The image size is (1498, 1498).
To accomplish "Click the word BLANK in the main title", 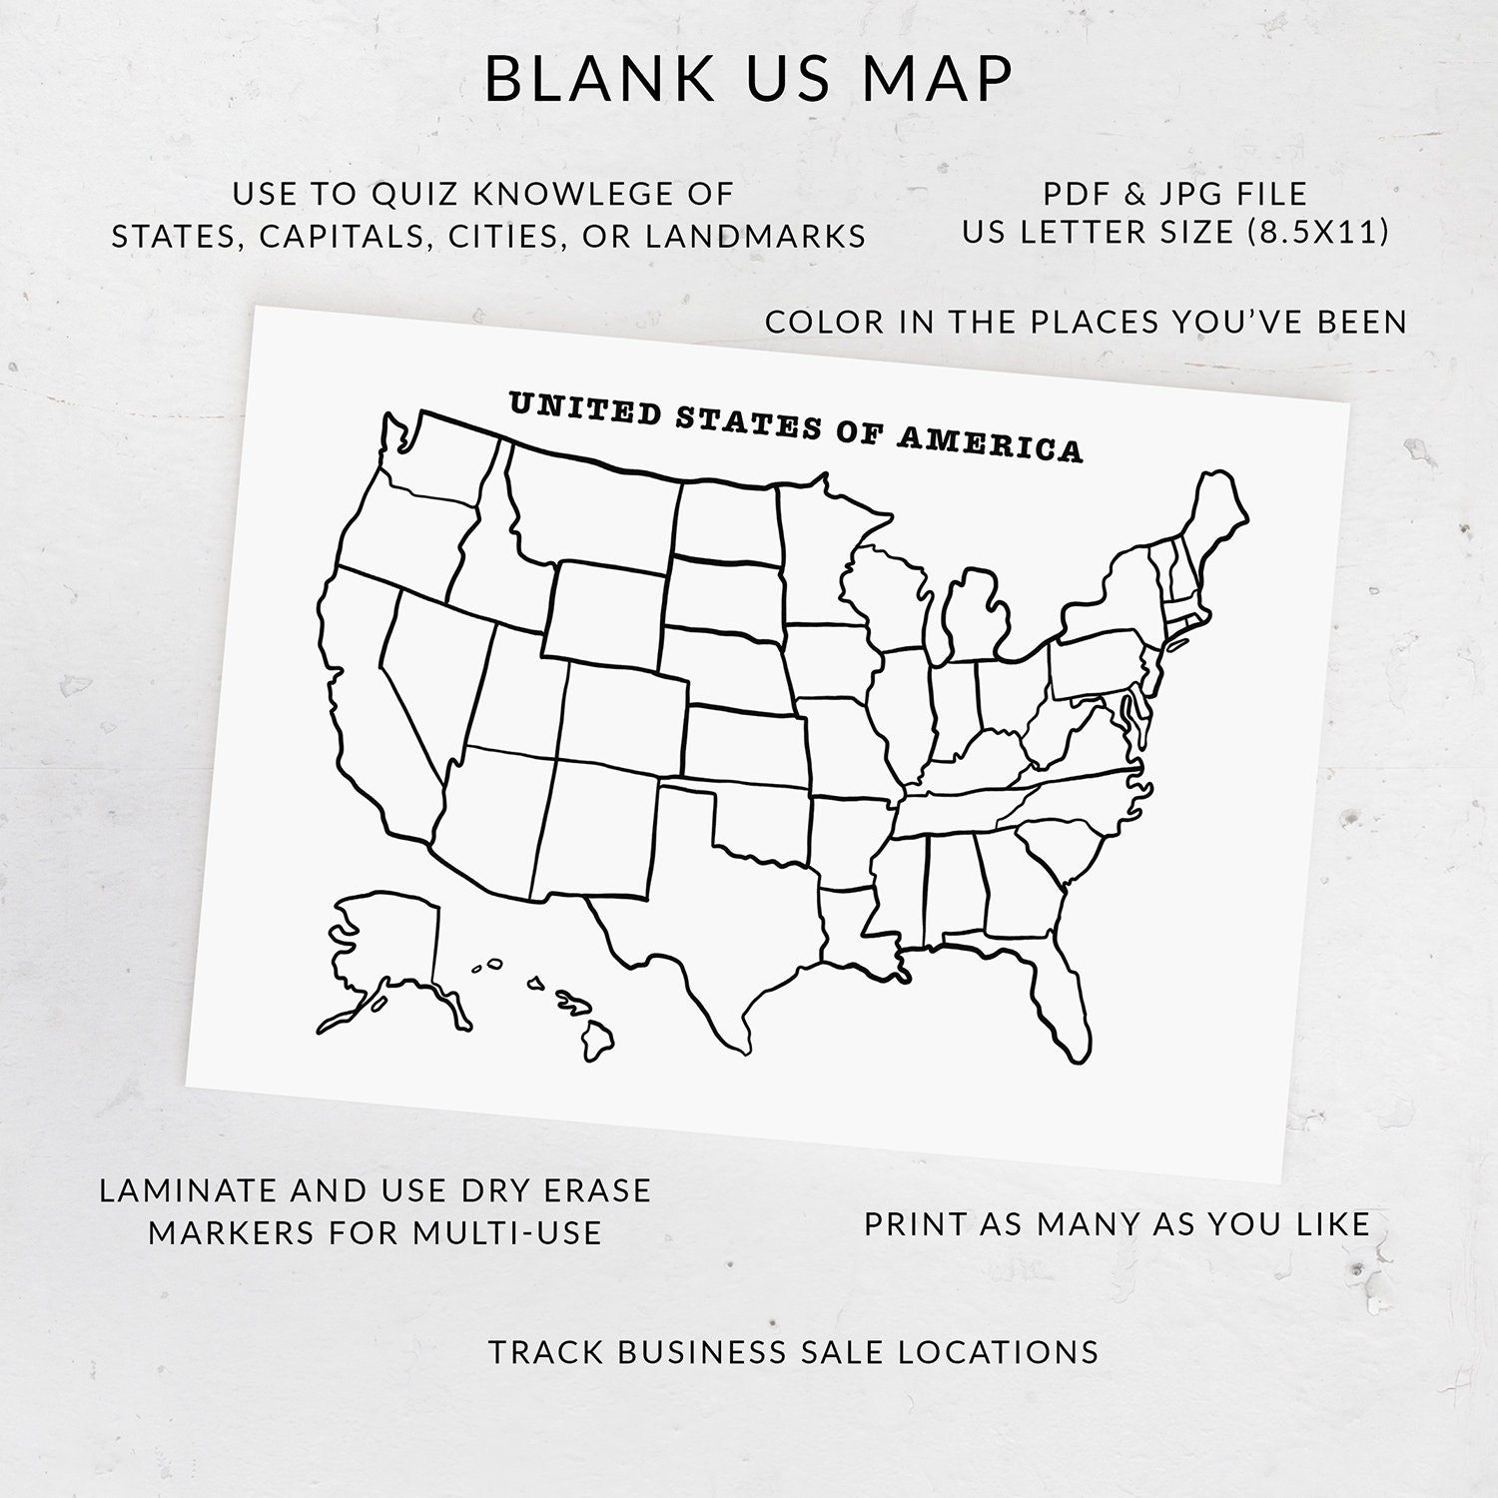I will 599,79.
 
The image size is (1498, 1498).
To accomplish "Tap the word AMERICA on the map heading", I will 989,442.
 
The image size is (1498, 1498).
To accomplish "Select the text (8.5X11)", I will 1318,232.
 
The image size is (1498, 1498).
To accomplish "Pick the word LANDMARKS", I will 755,236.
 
